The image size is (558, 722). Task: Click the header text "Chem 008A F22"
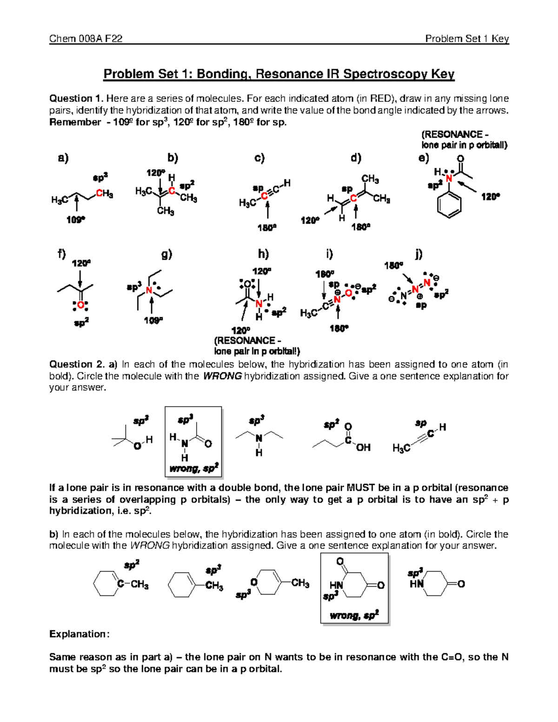click(x=86, y=39)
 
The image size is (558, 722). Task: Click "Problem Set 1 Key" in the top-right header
click(x=467, y=39)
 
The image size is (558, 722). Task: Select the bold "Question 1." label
click(x=76, y=99)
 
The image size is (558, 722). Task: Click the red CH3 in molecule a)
click(x=104, y=194)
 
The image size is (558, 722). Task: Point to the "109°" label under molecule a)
click(x=76, y=219)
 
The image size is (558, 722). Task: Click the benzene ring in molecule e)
click(x=449, y=204)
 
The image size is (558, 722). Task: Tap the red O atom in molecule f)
click(x=80, y=305)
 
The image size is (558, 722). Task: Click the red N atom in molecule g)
click(x=149, y=291)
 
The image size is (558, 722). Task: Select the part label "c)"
click(x=259, y=158)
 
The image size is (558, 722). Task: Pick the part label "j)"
click(x=418, y=254)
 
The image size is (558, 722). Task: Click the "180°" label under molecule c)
click(x=267, y=228)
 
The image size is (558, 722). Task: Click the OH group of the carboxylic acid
click(x=363, y=447)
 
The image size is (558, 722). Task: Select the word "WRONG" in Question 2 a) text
click(x=222, y=376)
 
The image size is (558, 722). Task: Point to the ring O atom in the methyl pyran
click(x=254, y=582)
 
